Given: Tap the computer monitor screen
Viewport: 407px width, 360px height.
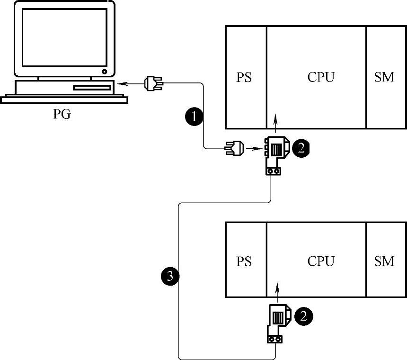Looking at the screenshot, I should pyautogui.click(x=64, y=38).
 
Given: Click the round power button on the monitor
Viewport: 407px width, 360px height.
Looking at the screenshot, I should pyautogui.click(x=104, y=72).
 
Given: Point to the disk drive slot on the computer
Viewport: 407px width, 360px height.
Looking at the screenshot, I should pyautogui.click(x=92, y=88).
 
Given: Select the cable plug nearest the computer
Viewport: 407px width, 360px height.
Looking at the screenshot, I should pyautogui.click(x=153, y=84).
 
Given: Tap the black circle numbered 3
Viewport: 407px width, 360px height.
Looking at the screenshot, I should pyautogui.click(x=170, y=274).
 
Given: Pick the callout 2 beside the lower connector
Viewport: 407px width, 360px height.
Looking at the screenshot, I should pyautogui.click(x=303, y=315).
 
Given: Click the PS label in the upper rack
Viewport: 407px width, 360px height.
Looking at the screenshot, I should pyautogui.click(x=244, y=77).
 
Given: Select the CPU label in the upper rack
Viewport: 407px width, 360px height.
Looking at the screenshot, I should pyautogui.click(x=321, y=77).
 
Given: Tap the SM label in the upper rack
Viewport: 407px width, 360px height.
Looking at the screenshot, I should pyautogui.click(x=384, y=77).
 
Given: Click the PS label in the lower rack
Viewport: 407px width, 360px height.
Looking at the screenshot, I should pyautogui.click(x=244, y=261).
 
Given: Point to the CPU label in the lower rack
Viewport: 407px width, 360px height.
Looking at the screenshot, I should pyautogui.click(x=321, y=261).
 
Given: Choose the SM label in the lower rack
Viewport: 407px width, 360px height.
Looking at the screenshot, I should pyautogui.click(x=384, y=261).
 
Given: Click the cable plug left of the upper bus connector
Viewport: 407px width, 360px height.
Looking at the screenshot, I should pyautogui.click(x=235, y=149).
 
